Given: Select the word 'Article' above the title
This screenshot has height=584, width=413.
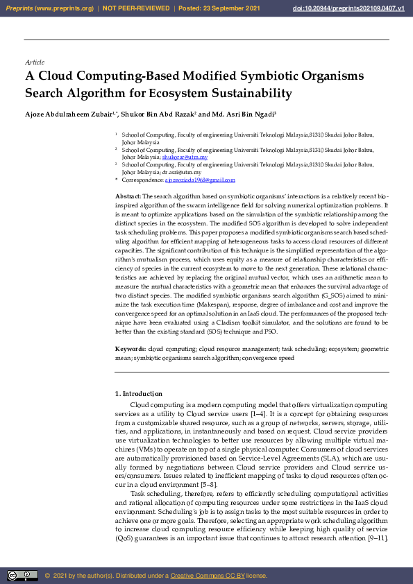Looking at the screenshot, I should tap(35, 62).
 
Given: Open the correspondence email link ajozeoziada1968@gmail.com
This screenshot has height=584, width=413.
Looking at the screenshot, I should tap(199, 180).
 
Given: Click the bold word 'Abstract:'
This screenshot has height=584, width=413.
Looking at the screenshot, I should tap(128, 197).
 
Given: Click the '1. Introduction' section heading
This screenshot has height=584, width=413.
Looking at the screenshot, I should tap(139, 394).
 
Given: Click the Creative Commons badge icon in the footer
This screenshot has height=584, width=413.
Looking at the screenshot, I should tap(22, 575).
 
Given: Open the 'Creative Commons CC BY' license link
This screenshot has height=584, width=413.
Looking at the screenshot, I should tap(207, 576).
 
